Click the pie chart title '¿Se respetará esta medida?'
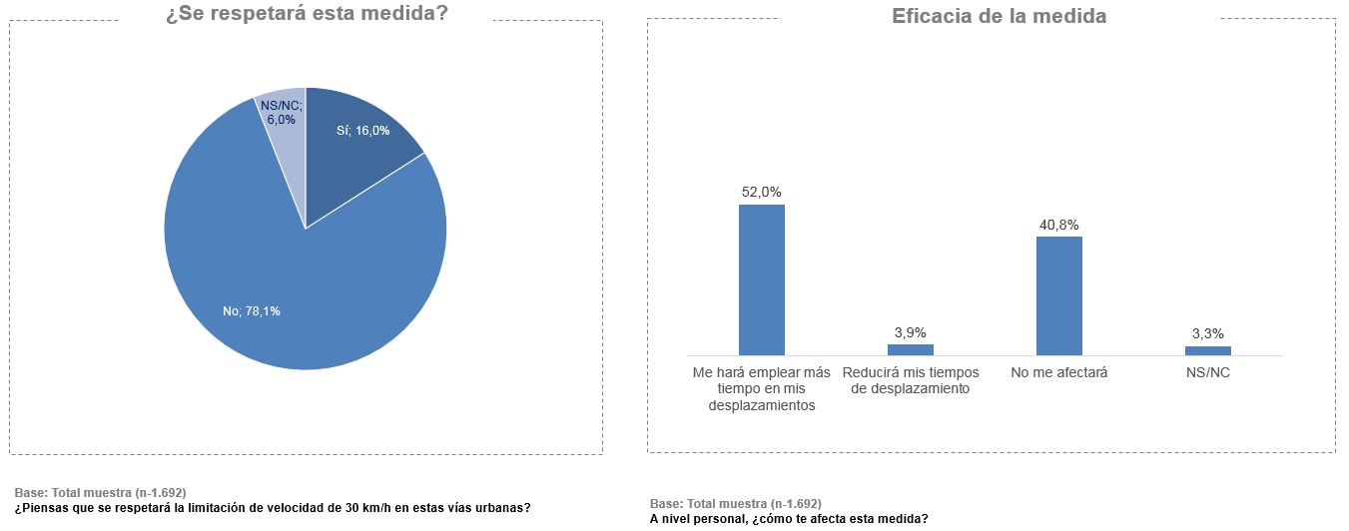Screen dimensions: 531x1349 307,15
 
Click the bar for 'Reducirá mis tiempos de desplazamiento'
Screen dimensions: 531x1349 911,349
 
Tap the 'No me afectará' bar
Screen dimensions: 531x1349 1059,295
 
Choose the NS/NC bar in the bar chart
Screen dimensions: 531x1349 1208,350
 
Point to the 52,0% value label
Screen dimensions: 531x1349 761,192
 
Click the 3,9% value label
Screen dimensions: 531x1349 911,332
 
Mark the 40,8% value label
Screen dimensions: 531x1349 1059,225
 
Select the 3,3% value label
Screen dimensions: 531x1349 1208,333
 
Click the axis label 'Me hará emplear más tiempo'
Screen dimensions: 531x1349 762,388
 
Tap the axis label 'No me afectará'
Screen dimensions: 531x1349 1059,372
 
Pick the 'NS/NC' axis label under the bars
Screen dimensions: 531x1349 1208,372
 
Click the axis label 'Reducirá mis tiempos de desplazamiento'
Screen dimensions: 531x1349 911,380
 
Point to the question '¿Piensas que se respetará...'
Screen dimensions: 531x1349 273,507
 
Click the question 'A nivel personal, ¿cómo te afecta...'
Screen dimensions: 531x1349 789,518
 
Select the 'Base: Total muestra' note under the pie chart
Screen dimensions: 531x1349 100,493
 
